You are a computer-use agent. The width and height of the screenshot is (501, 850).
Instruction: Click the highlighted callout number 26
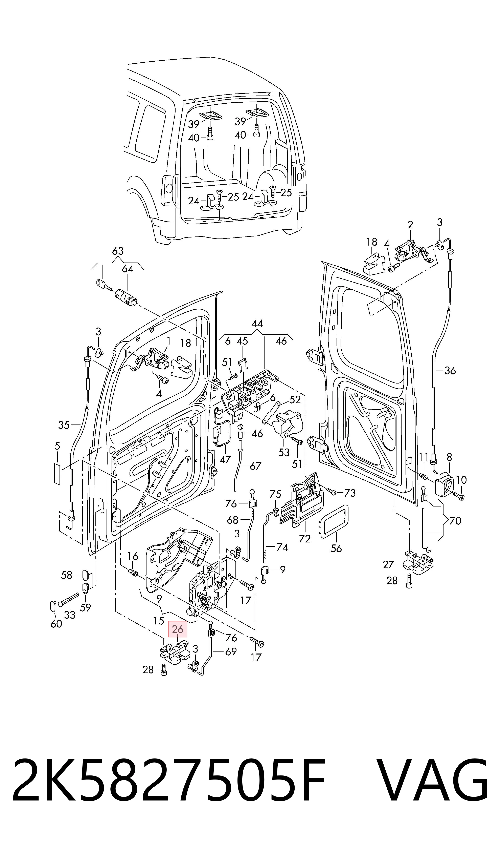pyautogui.click(x=178, y=629)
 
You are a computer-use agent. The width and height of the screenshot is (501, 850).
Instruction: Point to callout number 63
pyautogui.click(x=118, y=251)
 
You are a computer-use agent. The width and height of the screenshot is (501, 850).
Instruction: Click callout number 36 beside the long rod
pyautogui.click(x=450, y=371)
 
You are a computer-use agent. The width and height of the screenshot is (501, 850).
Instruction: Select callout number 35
pyautogui.click(x=64, y=425)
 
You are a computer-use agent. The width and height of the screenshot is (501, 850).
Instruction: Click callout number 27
pyautogui.click(x=389, y=564)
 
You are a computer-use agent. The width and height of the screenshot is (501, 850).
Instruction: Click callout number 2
pyautogui.click(x=410, y=225)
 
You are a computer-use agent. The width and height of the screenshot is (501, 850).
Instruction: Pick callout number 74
pyautogui.click(x=282, y=547)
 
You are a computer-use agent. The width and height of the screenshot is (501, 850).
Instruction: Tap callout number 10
pyautogui.click(x=461, y=480)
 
